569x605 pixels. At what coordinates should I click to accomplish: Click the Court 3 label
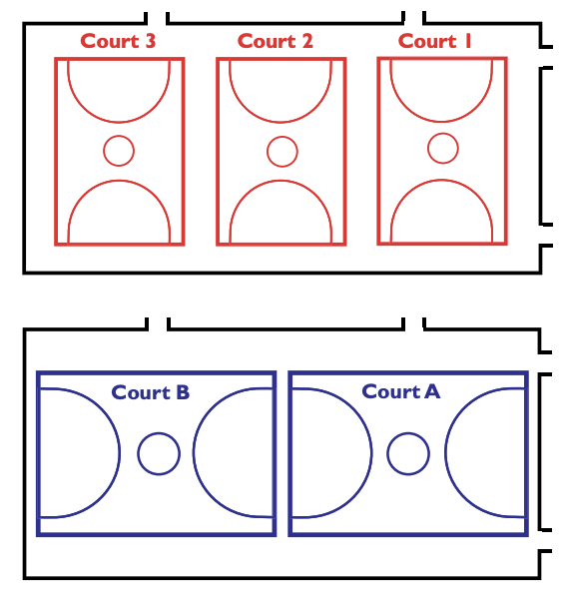pos(118,41)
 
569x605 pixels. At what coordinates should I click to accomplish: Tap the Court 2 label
pos(276,41)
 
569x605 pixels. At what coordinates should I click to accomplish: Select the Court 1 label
pos(435,41)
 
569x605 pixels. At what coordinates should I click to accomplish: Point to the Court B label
pos(151,392)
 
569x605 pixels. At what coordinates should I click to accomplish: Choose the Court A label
pos(401,391)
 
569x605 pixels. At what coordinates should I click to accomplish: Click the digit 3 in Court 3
pos(151,41)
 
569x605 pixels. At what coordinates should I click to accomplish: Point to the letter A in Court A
pos(432,391)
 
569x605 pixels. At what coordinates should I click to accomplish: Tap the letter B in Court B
pos(183,392)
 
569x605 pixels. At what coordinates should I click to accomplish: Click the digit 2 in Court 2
pos(307,41)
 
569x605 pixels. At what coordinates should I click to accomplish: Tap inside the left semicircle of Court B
pos(77,452)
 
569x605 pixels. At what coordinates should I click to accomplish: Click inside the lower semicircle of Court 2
pos(281,215)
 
